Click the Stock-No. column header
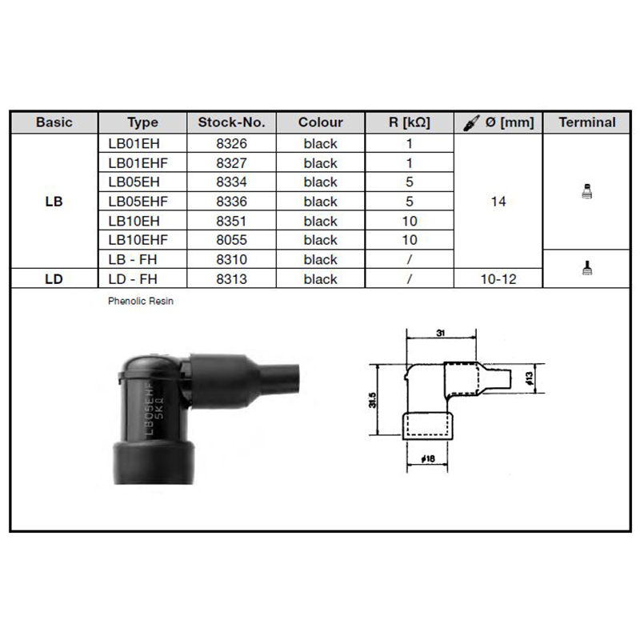[231, 122]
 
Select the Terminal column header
[587, 122]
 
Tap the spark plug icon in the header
[470, 123]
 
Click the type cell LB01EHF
[138, 163]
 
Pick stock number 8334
[231, 182]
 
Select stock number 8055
[231, 239]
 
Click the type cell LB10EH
[134, 221]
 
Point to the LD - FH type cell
[133, 278]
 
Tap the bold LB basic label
[54, 202]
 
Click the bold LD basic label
[54, 278]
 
